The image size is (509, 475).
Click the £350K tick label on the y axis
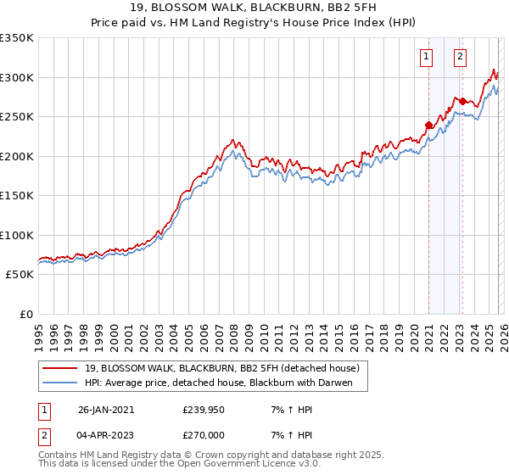17,38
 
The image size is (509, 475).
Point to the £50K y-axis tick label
20,275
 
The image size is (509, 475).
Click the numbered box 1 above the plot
426,58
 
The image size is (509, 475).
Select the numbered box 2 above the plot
460,58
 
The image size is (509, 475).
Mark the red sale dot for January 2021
428,126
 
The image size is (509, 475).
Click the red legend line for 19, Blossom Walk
60,368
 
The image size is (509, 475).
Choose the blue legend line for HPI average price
60,383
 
